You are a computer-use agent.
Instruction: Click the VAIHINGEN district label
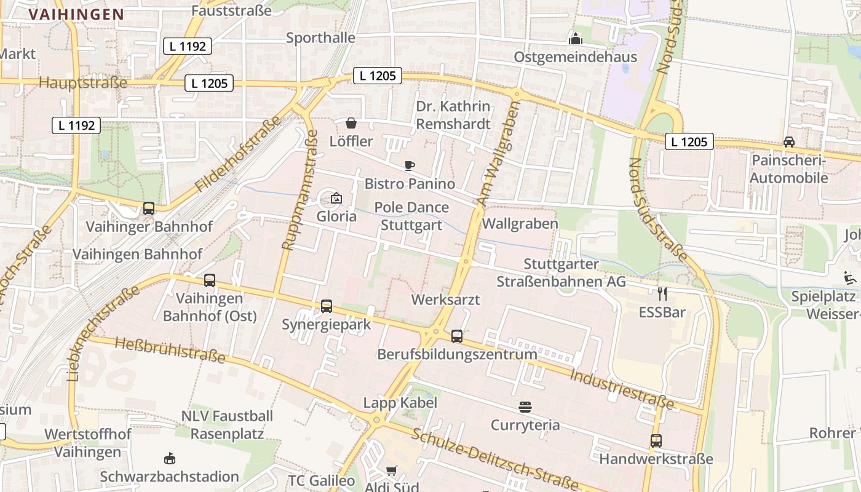(76, 14)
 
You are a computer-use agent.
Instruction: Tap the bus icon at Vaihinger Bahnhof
(149, 208)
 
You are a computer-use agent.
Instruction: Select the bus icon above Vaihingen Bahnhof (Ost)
(210, 280)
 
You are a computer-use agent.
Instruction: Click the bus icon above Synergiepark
(327, 306)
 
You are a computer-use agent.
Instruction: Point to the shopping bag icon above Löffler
(351, 123)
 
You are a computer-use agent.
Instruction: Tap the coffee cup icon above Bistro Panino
(410, 165)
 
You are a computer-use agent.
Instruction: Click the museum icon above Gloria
(336, 198)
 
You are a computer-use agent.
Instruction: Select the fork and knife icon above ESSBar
(662, 293)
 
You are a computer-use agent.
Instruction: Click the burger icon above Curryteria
(525, 407)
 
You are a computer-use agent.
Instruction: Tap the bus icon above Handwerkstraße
(656, 441)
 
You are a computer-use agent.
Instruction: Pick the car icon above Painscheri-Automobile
(788, 142)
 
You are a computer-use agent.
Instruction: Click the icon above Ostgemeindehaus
(576, 39)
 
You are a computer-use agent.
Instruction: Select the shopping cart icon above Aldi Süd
(391, 470)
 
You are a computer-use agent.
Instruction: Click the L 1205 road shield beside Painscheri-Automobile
(689, 142)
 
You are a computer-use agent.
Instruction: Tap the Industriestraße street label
(621, 389)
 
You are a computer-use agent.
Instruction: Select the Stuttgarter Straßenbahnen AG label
(561, 272)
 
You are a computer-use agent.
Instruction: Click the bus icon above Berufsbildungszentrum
(457, 336)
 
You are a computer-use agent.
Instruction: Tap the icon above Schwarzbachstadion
(170, 458)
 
